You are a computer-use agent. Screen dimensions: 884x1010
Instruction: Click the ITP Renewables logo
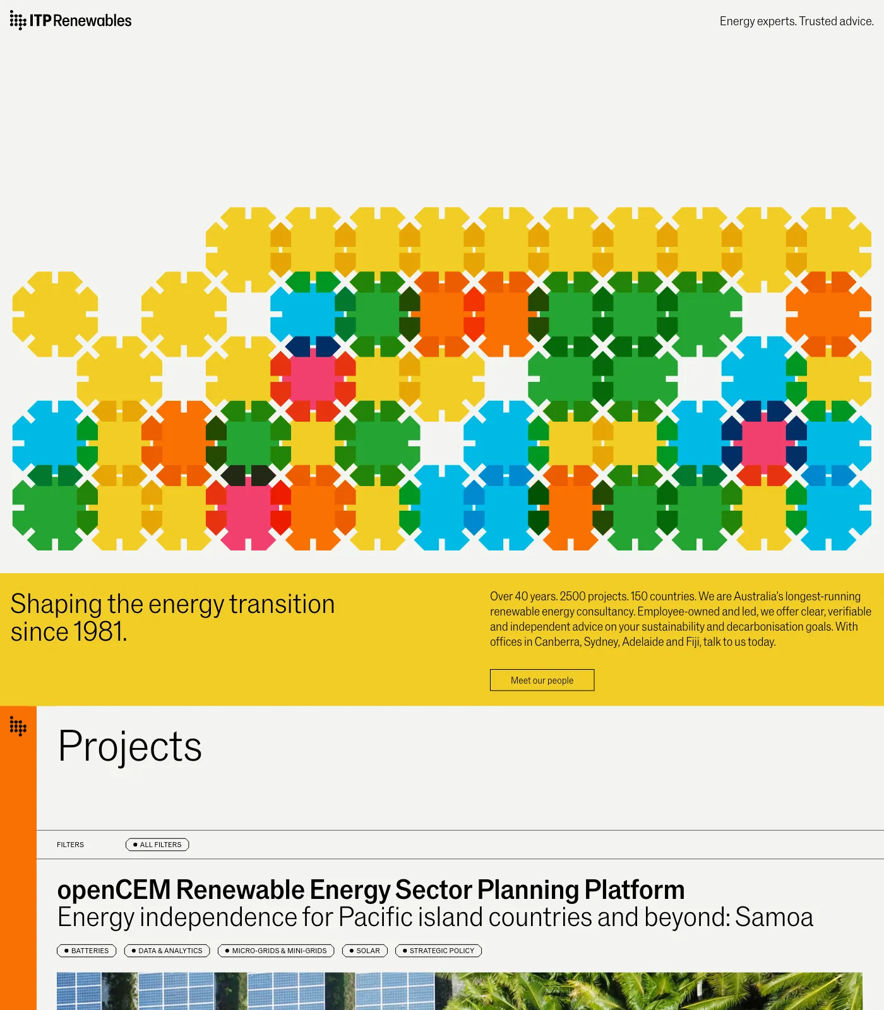tap(71, 21)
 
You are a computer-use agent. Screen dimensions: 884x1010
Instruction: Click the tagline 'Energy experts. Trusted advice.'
tap(797, 21)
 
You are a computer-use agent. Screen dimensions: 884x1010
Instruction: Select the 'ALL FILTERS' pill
tap(157, 845)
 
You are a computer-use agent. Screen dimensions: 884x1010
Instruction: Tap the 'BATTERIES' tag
tap(87, 951)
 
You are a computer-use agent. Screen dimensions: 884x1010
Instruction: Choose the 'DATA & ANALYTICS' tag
tap(167, 951)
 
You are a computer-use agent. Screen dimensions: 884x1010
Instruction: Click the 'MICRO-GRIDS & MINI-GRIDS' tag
tap(276, 951)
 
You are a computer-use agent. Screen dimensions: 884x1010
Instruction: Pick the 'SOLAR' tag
tap(365, 951)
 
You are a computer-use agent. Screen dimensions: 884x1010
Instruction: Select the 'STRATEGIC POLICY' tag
tap(439, 951)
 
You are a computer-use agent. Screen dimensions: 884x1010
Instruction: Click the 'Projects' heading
tap(130, 747)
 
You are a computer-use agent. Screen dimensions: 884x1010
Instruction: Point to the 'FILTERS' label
tap(70, 845)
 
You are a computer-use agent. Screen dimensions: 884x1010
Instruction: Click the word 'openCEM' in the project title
tap(114, 890)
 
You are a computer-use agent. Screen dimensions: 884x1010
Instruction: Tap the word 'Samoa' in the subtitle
tap(774, 917)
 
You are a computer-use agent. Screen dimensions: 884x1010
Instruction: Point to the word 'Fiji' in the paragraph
tap(693, 642)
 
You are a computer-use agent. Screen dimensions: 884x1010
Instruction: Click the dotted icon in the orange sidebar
tap(18, 727)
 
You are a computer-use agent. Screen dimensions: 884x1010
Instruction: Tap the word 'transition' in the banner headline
tap(282, 604)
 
